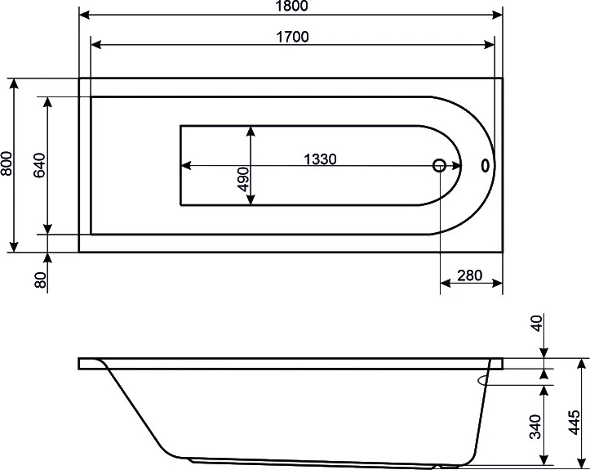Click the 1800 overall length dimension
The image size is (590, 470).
click(x=292, y=6)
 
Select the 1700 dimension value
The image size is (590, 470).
click(x=292, y=37)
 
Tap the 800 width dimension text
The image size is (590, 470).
click(x=7, y=163)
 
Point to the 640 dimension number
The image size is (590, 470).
click(x=39, y=165)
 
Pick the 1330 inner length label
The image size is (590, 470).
click(x=320, y=159)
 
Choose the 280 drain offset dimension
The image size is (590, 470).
click(x=469, y=275)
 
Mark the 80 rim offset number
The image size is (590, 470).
click(x=40, y=280)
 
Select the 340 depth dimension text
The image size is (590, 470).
click(x=535, y=427)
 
